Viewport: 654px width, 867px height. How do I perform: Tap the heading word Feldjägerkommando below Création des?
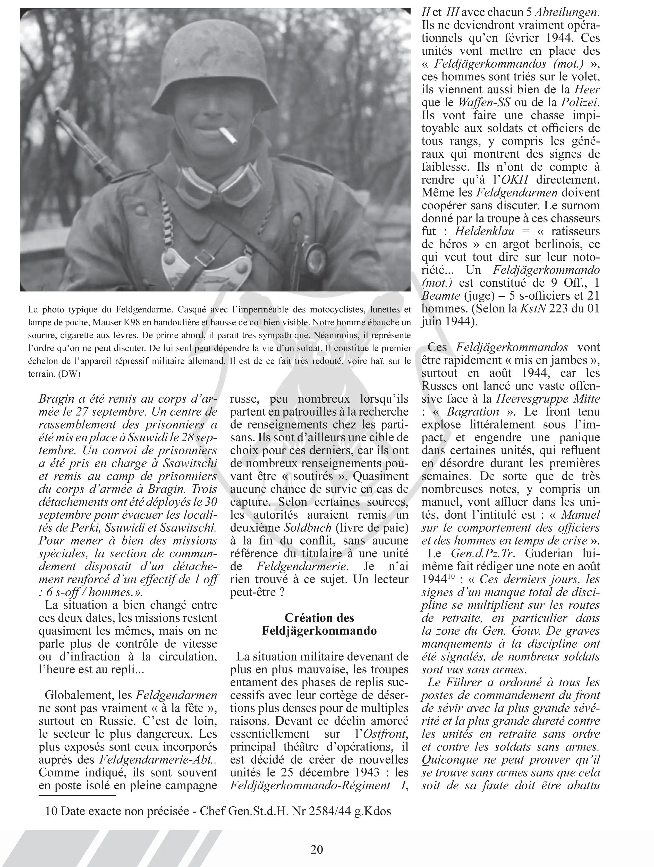click(319, 631)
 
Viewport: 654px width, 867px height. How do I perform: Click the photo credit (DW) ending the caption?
click(69, 374)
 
